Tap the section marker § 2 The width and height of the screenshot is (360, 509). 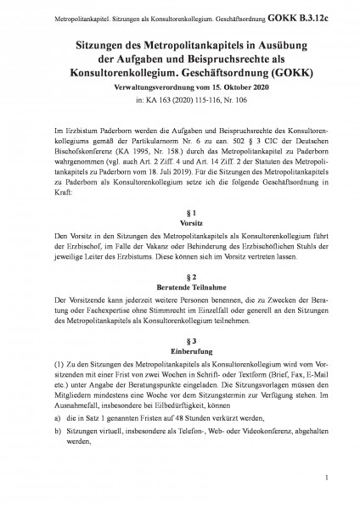pos(180,277)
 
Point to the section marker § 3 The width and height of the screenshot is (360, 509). pos(180,343)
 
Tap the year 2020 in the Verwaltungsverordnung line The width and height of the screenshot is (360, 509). pos(231,86)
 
